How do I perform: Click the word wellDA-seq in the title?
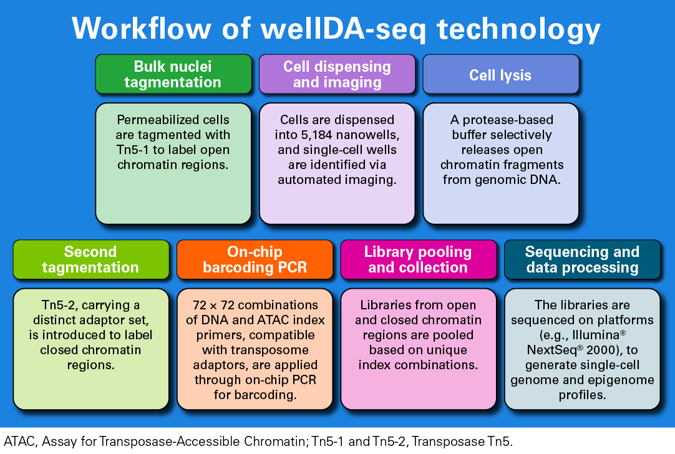click(x=343, y=29)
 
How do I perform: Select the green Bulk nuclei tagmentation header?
click(x=173, y=74)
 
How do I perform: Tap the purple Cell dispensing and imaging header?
click(x=337, y=74)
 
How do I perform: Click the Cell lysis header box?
click(x=501, y=74)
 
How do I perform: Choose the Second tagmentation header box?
click(x=91, y=259)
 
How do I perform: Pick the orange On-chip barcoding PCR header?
click(x=255, y=259)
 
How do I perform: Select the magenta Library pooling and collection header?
click(x=419, y=259)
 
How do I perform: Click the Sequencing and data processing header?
click(x=582, y=259)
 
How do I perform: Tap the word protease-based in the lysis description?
click(x=508, y=120)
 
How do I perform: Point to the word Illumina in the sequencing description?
click(x=596, y=335)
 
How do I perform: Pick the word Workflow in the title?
click(x=142, y=29)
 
